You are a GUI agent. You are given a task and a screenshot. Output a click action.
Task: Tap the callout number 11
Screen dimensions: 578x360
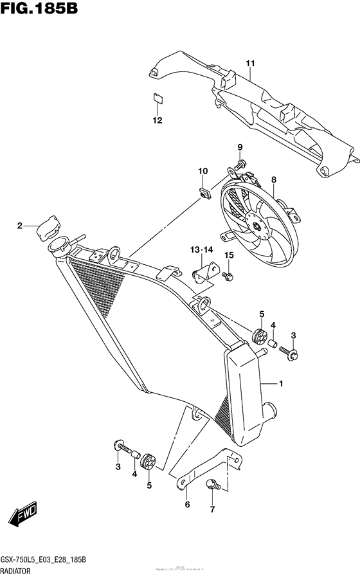[250, 63]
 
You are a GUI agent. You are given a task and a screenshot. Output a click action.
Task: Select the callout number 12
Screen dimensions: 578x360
[157, 120]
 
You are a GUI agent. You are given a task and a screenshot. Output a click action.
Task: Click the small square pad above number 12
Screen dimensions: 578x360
[157, 98]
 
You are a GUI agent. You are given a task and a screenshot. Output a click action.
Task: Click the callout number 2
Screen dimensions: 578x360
[20, 226]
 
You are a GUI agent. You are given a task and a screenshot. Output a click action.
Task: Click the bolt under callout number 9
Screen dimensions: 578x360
[239, 165]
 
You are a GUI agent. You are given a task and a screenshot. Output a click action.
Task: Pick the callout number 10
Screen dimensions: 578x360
[203, 171]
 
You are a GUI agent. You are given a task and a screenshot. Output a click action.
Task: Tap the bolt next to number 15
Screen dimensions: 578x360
[227, 276]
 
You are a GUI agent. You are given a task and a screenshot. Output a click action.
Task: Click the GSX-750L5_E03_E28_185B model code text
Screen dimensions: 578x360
[50, 561]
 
